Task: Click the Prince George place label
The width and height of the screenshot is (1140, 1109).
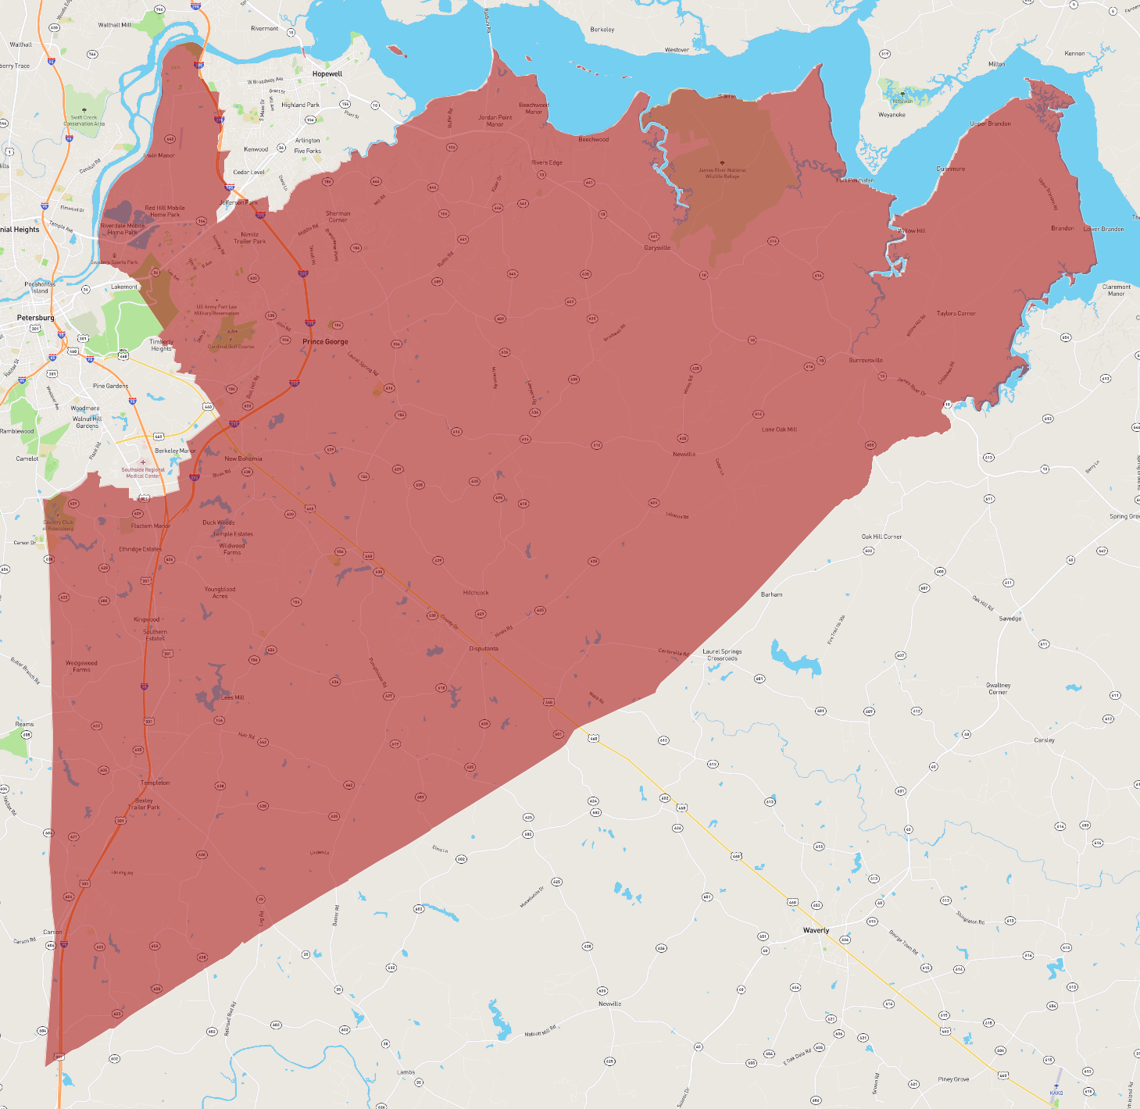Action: pyautogui.click(x=325, y=341)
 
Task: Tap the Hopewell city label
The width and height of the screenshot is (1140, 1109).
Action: pyautogui.click(x=327, y=74)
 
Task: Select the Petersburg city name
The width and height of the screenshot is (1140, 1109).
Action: pyautogui.click(x=36, y=318)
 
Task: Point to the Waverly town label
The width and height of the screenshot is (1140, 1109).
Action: pyautogui.click(x=816, y=930)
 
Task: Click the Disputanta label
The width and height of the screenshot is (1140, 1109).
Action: pyautogui.click(x=484, y=648)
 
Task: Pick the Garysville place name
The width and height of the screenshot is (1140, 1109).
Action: pyautogui.click(x=657, y=248)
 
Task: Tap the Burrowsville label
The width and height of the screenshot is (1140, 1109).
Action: pyautogui.click(x=866, y=360)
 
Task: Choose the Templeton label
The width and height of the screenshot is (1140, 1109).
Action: pyautogui.click(x=155, y=783)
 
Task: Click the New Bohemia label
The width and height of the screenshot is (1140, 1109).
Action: pyautogui.click(x=243, y=458)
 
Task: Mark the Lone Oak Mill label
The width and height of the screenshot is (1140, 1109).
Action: pyautogui.click(x=779, y=430)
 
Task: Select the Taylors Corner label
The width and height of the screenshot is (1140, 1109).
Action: pyautogui.click(x=956, y=313)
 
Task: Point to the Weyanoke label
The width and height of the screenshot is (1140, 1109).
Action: pyautogui.click(x=892, y=115)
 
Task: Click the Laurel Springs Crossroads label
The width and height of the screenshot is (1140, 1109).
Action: pyautogui.click(x=722, y=654)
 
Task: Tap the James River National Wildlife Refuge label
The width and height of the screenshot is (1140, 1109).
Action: pyautogui.click(x=722, y=173)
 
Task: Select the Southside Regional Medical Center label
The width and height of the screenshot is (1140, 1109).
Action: pyautogui.click(x=143, y=472)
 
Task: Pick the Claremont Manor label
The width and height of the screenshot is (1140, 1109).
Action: pyautogui.click(x=1116, y=290)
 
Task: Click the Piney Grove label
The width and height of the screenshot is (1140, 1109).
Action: pyautogui.click(x=953, y=1079)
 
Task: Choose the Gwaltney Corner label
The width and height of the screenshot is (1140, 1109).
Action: pyautogui.click(x=998, y=688)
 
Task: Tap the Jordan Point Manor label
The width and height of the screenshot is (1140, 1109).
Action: pyautogui.click(x=495, y=121)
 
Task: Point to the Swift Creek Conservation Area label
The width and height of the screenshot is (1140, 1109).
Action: pyautogui.click(x=84, y=120)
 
